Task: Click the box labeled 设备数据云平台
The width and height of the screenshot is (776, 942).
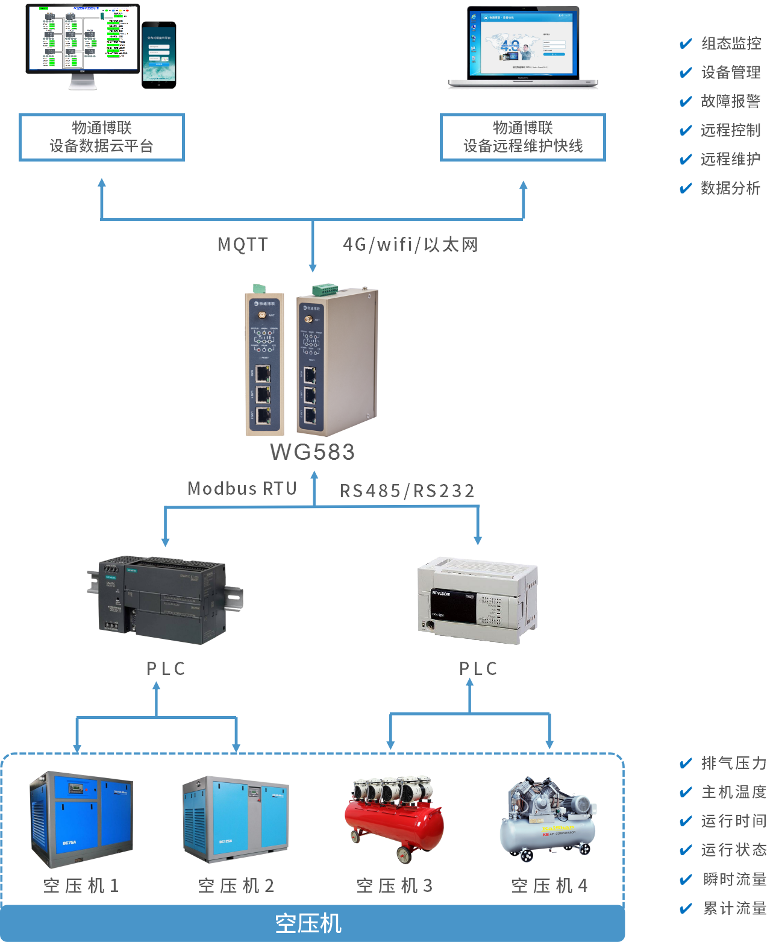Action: [102, 137]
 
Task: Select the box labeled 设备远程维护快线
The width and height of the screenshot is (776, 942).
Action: [522, 137]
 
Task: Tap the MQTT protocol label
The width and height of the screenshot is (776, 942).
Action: [243, 244]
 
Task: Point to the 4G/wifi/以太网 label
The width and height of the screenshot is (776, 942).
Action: [410, 244]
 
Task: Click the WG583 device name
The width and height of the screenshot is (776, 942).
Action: [312, 452]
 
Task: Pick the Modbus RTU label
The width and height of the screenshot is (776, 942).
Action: [242, 488]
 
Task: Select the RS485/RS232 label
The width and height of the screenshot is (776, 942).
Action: [407, 491]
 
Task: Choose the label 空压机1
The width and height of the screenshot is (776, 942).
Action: [81, 885]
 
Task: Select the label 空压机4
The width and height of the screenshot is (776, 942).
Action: [549, 885]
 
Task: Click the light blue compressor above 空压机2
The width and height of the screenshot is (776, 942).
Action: [236, 817]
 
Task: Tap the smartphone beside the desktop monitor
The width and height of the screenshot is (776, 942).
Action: [159, 55]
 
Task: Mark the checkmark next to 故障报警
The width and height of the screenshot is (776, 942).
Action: [686, 101]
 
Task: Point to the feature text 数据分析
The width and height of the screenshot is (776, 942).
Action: [730, 188]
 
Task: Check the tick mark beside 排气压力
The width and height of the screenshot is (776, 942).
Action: [686, 764]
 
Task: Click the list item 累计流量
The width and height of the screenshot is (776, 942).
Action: [734, 908]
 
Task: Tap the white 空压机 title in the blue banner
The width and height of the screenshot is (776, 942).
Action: [308, 923]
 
